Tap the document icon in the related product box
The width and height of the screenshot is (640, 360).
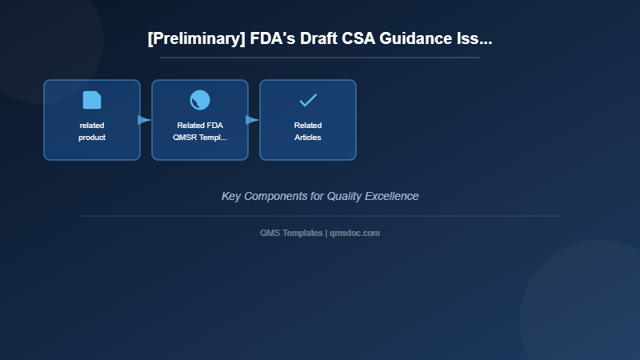[x=92, y=100]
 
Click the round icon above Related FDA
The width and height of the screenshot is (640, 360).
[x=200, y=100]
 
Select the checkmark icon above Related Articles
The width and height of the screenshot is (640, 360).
[x=308, y=100]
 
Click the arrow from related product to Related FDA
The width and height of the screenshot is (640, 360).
[x=144, y=120]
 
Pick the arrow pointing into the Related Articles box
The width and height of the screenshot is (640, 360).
[x=252, y=120]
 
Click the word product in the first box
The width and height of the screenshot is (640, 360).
[x=92, y=138]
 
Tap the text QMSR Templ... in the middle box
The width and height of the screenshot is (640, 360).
[x=200, y=138]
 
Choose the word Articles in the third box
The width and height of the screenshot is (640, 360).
[x=308, y=138]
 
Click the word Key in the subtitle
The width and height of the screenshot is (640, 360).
[x=230, y=196]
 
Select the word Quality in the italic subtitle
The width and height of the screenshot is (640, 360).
[x=346, y=196]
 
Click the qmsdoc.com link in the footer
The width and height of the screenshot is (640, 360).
[x=354, y=233]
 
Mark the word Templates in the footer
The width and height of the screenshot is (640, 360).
[x=302, y=233]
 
